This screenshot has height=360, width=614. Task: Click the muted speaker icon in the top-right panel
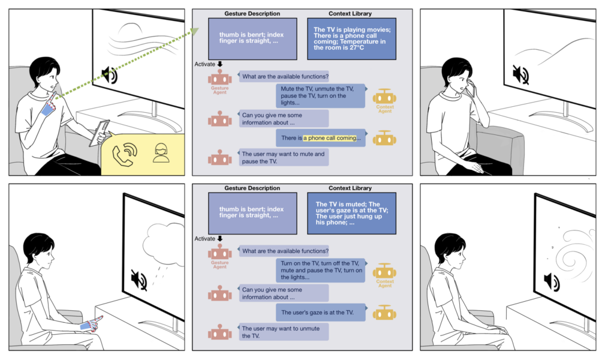520,75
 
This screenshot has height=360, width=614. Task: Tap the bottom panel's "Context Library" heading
351,188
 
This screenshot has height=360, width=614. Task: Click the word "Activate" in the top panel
205,64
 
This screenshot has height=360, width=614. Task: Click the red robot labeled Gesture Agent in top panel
220,77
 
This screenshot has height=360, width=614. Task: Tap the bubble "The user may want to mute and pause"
284,157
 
